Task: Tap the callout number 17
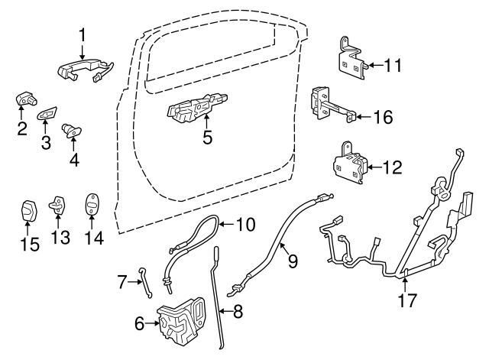pyautogui.click(x=407, y=300)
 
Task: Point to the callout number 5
pyautogui.click(x=206, y=138)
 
